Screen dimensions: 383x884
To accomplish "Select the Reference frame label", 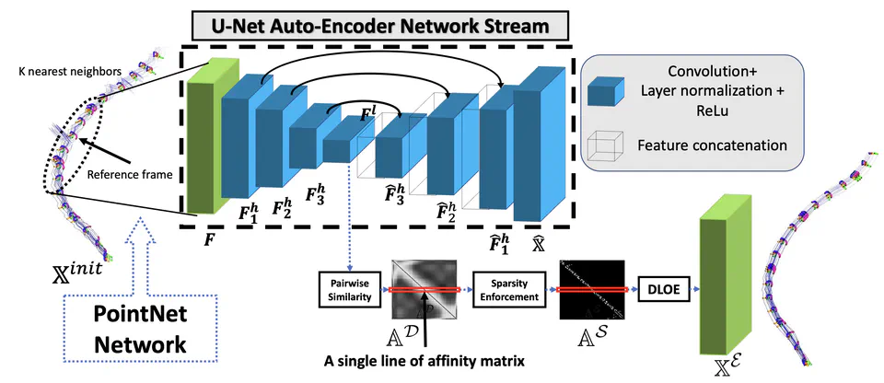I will point(128,172).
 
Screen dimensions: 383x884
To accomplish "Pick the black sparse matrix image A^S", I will point(592,287).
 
